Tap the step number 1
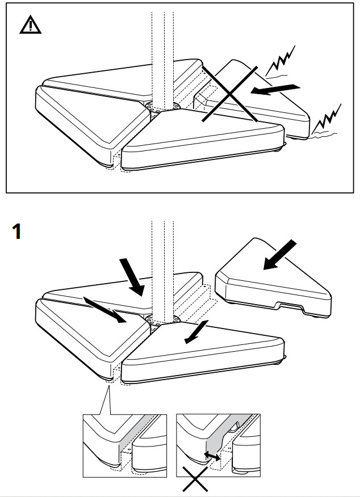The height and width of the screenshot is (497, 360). tap(18, 232)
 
